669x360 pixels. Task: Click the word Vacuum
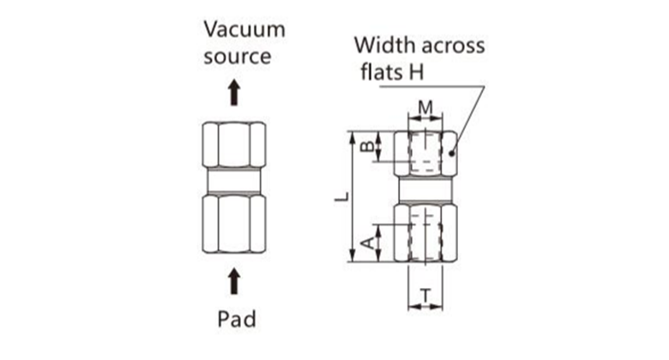click(x=244, y=29)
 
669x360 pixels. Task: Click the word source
click(x=238, y=57)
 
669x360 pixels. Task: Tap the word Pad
click(x=236, y=320)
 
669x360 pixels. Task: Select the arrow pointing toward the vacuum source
click(x=234, y=93)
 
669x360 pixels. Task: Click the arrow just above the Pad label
click(x=234, y=280)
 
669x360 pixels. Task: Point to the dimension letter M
click(x=425, y=109)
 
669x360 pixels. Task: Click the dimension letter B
click(x=366, y=147)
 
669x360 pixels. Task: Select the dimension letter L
click(x=341, y=196)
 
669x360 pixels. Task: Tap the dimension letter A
click(x=366, y=243)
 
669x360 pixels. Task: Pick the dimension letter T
click(x=425, y=296)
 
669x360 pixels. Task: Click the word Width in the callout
click(x=382, y=45)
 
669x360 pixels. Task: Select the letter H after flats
click(x=416, y=72)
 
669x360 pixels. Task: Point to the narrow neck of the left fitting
click(x=234, y=183)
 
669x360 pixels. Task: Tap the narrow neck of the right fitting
click(x=425, y=189)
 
